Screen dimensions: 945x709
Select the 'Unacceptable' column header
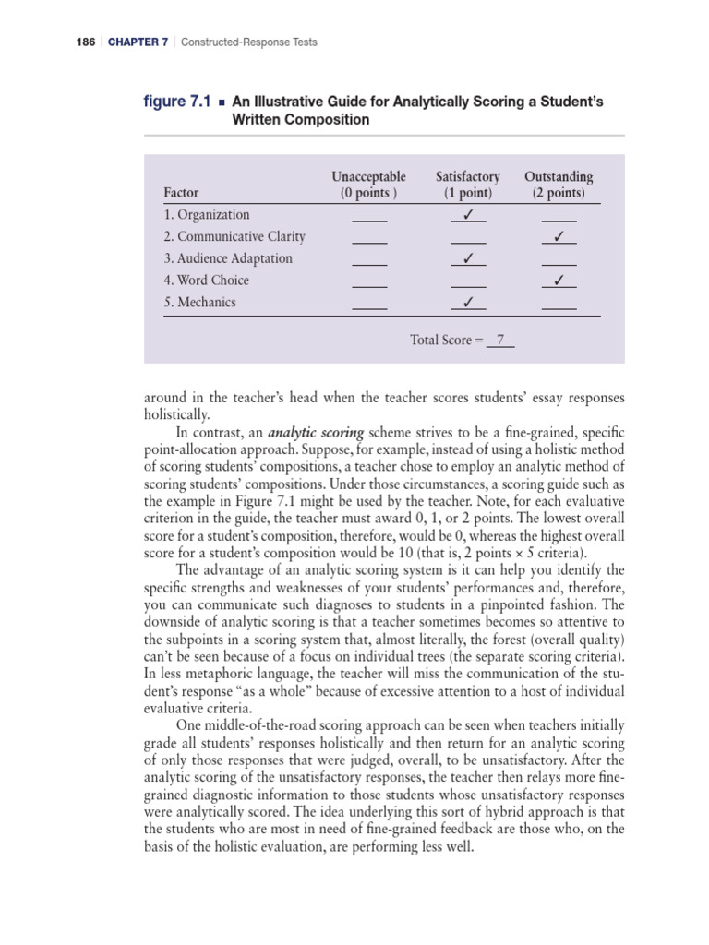click(368, 176)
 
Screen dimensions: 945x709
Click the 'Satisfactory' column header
click(467, 176)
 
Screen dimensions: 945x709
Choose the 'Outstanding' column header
click(559, 176)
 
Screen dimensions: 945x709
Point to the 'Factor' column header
click(181, 194)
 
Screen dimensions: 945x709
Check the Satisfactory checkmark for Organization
click(468, 215)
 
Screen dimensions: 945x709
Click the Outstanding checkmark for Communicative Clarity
click(559, 237)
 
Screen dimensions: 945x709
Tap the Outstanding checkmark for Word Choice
click(559, 281)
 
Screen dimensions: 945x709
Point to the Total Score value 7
click(499, 341)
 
